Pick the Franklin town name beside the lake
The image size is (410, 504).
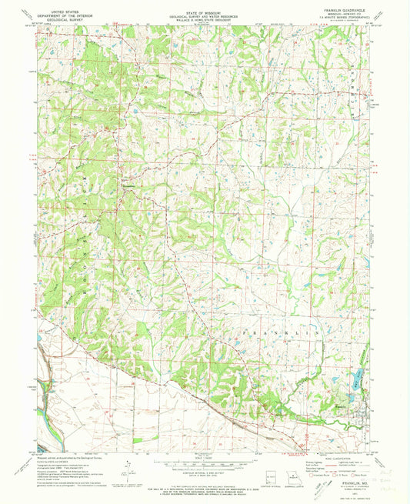click(x=343, y=400)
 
